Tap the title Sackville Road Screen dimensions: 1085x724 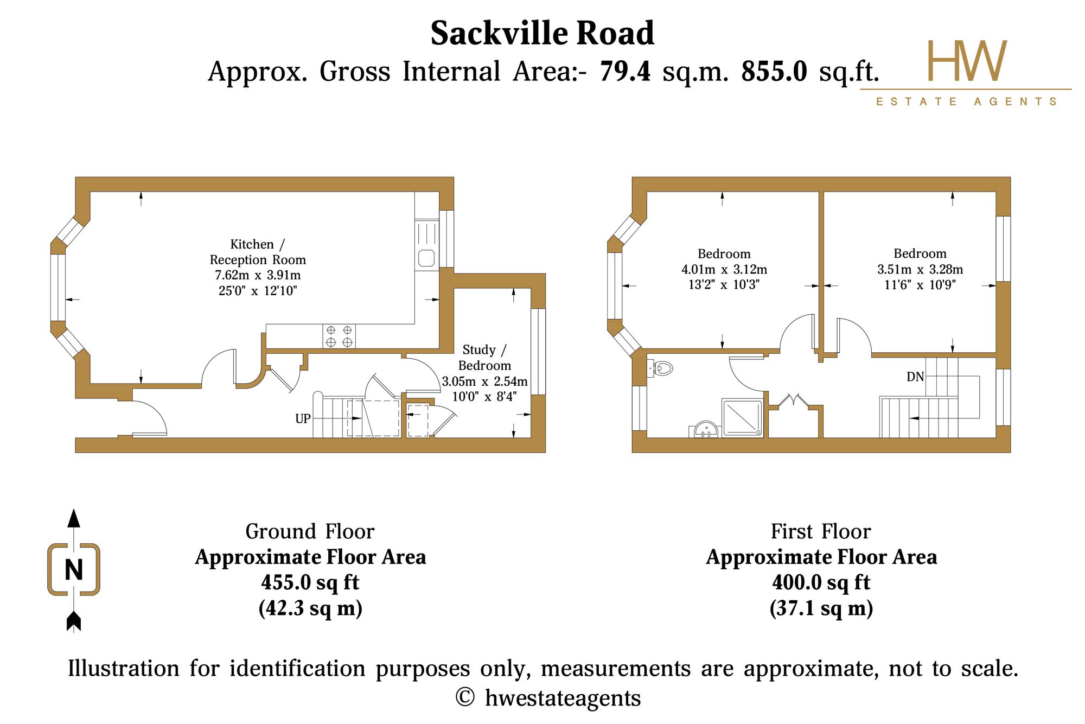pos(542,33)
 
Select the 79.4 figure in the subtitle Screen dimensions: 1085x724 pos(625,71)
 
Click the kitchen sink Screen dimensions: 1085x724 pos(427,245)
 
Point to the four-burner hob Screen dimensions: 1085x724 pos(339,336)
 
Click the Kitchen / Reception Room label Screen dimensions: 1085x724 pos(258,252)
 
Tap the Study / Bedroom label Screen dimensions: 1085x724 pos(484,357)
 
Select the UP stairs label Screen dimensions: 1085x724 pos(303,418)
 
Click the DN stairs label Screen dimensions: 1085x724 pos(915,377)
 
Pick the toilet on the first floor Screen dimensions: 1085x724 pos(661,369)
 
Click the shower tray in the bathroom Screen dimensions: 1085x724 pos(742,417)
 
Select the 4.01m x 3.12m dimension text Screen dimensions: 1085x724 pos(724,269)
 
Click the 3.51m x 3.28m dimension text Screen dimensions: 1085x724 pos(920,269)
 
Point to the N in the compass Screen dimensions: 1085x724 pos(74,570)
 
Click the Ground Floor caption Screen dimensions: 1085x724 pos(310,531)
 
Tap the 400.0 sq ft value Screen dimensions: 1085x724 pos(821,582)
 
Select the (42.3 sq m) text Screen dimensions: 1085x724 pos(310,608)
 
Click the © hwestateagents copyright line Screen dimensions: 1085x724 pos(548,698)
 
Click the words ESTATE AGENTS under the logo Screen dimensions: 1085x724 pos(966,101)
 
